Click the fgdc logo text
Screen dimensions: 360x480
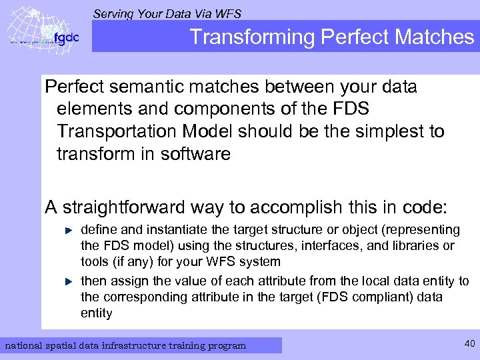tap(66, 37)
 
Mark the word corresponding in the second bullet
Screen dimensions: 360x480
tap(143, 297)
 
